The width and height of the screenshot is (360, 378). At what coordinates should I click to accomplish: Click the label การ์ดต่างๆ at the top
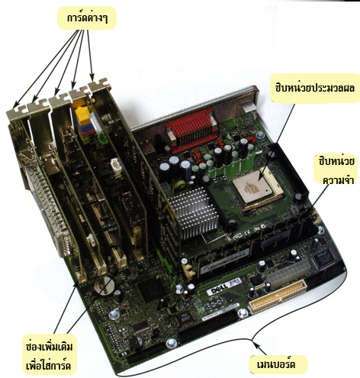click(x=87, y=18)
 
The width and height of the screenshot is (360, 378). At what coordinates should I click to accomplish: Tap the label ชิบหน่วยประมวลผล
click(x=315, y=88)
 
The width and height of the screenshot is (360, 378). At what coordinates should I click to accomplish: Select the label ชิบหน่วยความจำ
click(x=336, y=170)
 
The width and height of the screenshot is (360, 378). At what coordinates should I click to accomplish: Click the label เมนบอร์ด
click(x=276, y=364)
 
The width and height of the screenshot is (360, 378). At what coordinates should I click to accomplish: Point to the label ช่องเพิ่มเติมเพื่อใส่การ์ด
click(x=49, y=356)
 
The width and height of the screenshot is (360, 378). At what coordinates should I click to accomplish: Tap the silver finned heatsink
click(x=194, y=213)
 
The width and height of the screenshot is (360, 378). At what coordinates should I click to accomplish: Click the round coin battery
click(x=104, y=286)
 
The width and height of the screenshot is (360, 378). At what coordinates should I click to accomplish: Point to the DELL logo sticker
click(x=217, y=290)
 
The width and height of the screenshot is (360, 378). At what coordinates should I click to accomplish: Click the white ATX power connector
click(x=288, y=274)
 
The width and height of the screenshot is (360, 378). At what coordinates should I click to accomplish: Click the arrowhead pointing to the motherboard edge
click(x=258, y=346)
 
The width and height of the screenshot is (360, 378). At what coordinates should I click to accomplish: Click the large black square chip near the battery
click(x=150, y=289)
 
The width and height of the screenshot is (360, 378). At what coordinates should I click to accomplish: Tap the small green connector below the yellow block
click(x=101, y=137)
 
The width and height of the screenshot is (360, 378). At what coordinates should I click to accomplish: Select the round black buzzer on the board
click(x=135, y=342)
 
